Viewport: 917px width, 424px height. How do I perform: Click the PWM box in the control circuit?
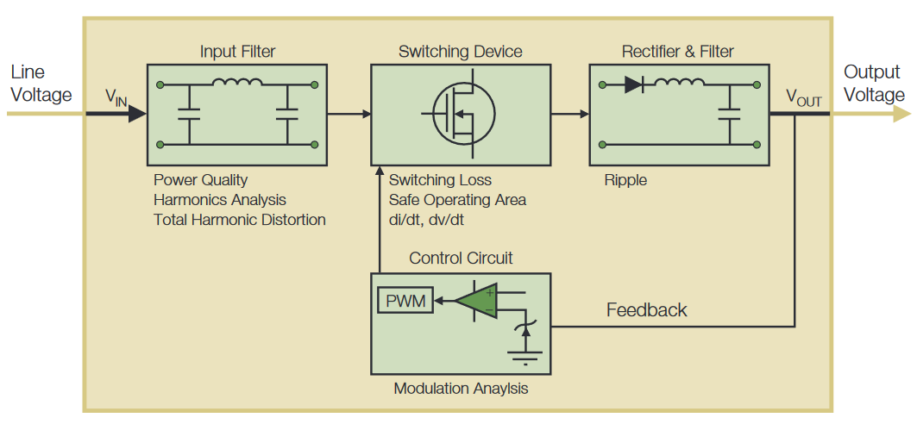click(x=405, y=301)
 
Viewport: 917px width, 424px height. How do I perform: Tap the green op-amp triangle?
click(x=474, y=301)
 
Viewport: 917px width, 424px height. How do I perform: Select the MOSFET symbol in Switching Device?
click(x=460, y=114)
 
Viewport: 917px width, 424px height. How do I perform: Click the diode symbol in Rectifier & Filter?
click(x=632, y=84)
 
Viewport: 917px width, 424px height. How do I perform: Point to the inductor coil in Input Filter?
click(x=237, y=84)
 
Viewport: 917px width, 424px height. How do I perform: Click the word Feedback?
click(x=646, y=310)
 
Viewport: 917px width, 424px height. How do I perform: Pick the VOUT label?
click(x=803, y=97)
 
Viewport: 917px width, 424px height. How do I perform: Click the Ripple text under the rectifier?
click(x=625, y=181)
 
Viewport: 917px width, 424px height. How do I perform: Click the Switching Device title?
click(x=460, y=52)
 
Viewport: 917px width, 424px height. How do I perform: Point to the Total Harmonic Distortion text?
click(x=240, y=220)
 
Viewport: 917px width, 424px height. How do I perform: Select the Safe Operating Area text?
click(x=457, y=200)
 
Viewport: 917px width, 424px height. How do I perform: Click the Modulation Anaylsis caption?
click(x=461, y=389)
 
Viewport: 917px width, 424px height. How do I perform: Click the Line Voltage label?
click(x=40, y=84)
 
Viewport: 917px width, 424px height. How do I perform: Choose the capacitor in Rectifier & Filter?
click(x=730, y=114)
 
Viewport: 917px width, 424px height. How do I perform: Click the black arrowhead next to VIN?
click(x=136, y=113)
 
